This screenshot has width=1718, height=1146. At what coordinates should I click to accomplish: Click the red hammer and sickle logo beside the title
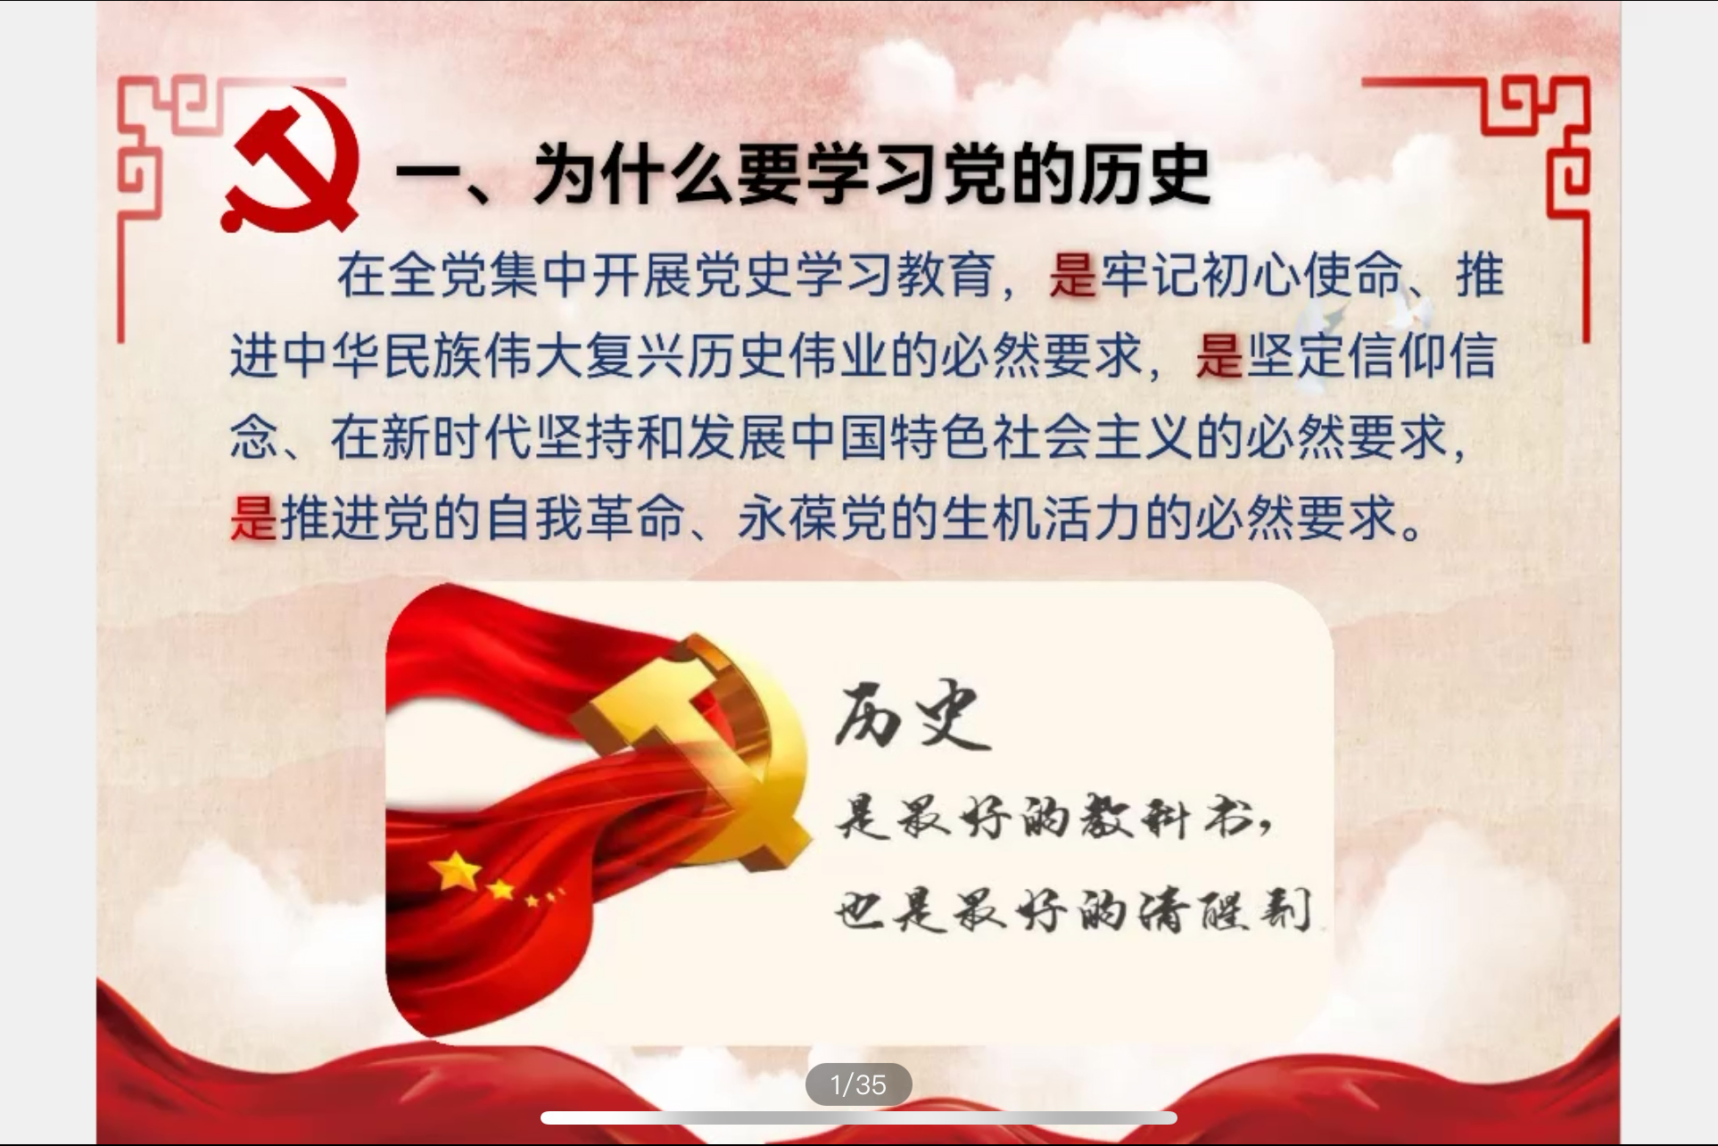pos(290,159)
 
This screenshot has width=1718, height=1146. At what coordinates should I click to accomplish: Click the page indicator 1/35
pos(858,1084)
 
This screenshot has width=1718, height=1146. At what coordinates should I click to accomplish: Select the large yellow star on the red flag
pos(457,870)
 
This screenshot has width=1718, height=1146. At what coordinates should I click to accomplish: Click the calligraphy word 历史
pos(912,716)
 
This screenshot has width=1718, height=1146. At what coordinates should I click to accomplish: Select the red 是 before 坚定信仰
pos(1219,355)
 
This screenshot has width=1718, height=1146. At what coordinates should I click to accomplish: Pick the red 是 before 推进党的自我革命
pos(254,518)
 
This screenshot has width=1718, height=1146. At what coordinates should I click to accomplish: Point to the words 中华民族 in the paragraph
pos(383,355)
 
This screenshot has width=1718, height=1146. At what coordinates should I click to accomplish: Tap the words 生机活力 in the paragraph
pos(1042,518)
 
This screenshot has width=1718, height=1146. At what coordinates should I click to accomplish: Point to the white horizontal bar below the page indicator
pos(858,1118)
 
